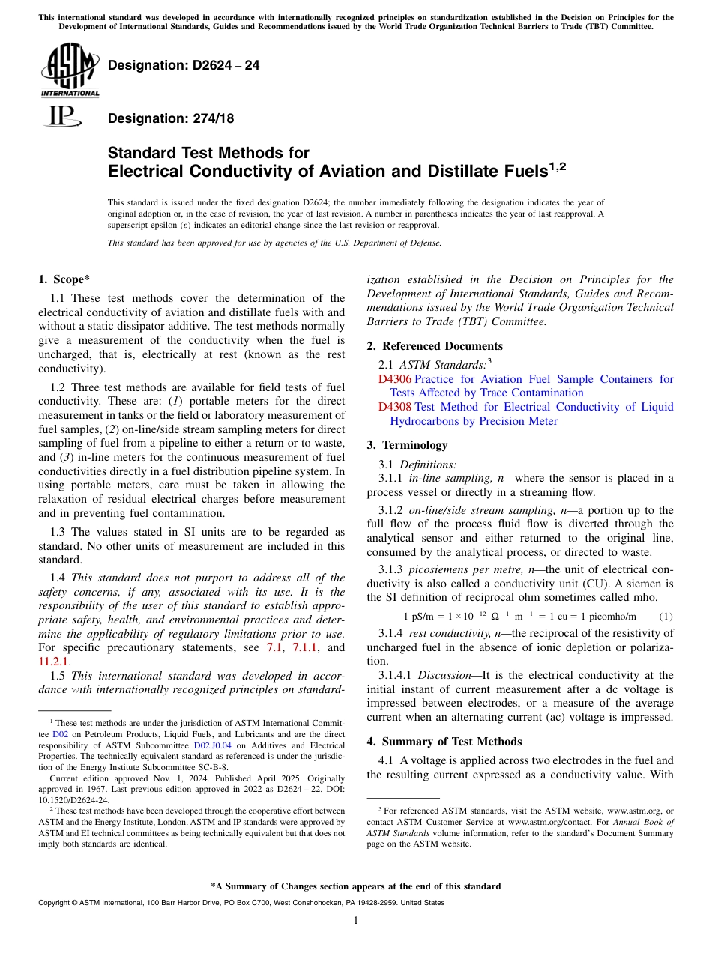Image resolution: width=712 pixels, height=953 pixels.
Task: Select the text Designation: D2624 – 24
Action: (x=184, y=65)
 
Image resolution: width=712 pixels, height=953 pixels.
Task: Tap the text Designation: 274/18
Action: (x=171, y=118)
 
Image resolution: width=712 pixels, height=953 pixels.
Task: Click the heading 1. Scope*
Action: (x=64, y=279)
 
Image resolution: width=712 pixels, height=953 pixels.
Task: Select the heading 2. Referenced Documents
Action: (x=435, y=346)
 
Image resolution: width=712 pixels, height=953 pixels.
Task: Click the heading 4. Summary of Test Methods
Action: (x=444, y=742)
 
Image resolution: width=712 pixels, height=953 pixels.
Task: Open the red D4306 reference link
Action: (x=395, y=379)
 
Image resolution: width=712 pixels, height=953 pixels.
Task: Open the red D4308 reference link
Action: (x=395, y=407)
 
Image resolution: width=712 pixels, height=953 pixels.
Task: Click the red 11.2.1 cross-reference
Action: (x=52, y=662)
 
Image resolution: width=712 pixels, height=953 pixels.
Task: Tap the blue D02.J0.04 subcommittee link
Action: (x=213, y=746)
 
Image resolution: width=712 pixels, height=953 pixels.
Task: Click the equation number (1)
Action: (x=665, y=617)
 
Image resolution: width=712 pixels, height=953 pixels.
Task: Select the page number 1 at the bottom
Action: (x=356, y=921)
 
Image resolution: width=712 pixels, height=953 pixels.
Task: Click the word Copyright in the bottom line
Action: (x=56, y=903)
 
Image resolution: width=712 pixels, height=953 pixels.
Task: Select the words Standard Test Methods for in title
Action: (x=208, y=154)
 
